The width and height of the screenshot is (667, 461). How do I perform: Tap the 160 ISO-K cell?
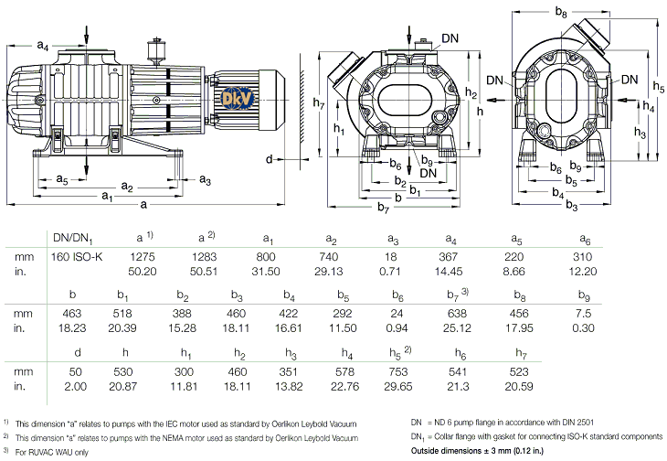[x=78, y=256]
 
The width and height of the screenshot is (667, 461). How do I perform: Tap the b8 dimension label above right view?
[x=561, y=14]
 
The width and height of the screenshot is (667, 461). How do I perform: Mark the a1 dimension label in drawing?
[x=107, y=196]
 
